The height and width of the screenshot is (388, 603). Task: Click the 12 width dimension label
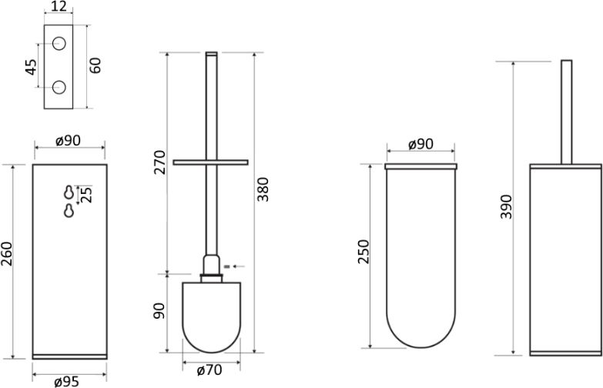coord(59,6)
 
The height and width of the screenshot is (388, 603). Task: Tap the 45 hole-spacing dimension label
coord(31,67)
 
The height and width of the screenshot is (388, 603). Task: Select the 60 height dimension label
coord(95,65)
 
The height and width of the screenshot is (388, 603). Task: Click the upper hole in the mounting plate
coord(59,43)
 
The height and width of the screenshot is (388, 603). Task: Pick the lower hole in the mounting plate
coord(59,87)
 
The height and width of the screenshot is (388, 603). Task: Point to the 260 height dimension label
coord(7,254)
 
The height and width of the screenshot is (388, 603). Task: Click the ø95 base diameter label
coord(66,382)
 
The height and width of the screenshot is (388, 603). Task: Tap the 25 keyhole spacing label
coord(87,195)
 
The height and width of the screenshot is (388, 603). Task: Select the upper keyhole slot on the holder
coord(69,192)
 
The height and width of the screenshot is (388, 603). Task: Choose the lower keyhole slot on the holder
coord(69,211)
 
